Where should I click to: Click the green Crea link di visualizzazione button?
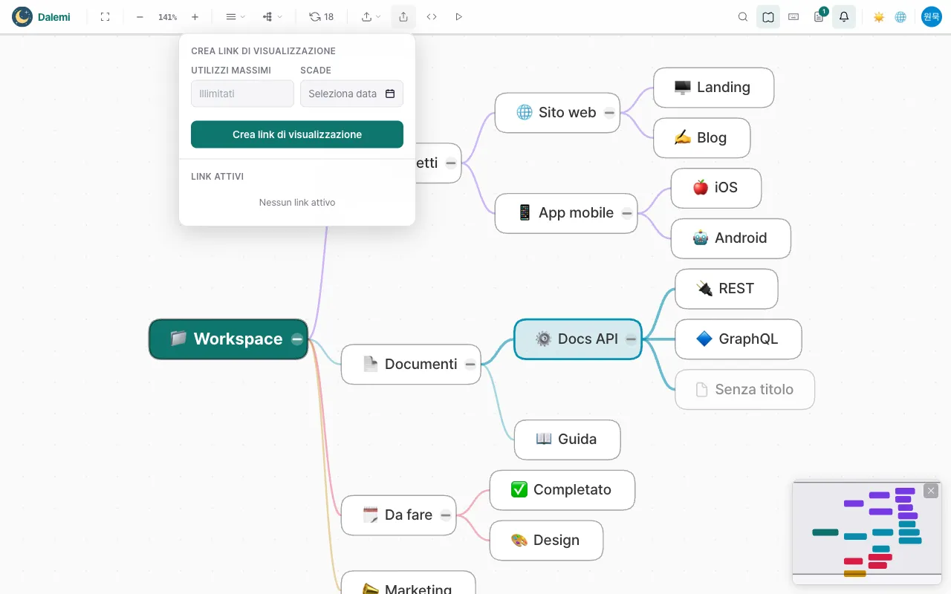tap(296, 134)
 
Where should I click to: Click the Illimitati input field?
tap(242, 94)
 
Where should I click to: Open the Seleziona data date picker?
tap(351, 94)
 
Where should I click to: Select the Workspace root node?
tap(228, 339)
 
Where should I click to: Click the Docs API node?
tap(578, 339)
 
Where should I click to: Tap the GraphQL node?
tap(739, 339)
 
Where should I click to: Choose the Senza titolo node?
tap(744, 390)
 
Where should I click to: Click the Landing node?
tap(714, 88)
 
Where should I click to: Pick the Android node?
tap(730, 238)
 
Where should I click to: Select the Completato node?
tap(562, 489)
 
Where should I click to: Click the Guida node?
tap(567, 440)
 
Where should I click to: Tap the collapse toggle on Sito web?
tap(609, 113)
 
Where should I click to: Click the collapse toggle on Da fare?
tap(445, 515)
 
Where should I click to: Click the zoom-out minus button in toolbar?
tap(140, 17)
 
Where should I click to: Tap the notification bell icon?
tap(844, 17)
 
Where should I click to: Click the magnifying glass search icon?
tap(742, 17)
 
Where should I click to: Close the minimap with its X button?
tap(931, 491)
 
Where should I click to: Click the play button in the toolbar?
tap(458, 17)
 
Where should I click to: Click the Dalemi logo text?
tap(54, 17)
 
